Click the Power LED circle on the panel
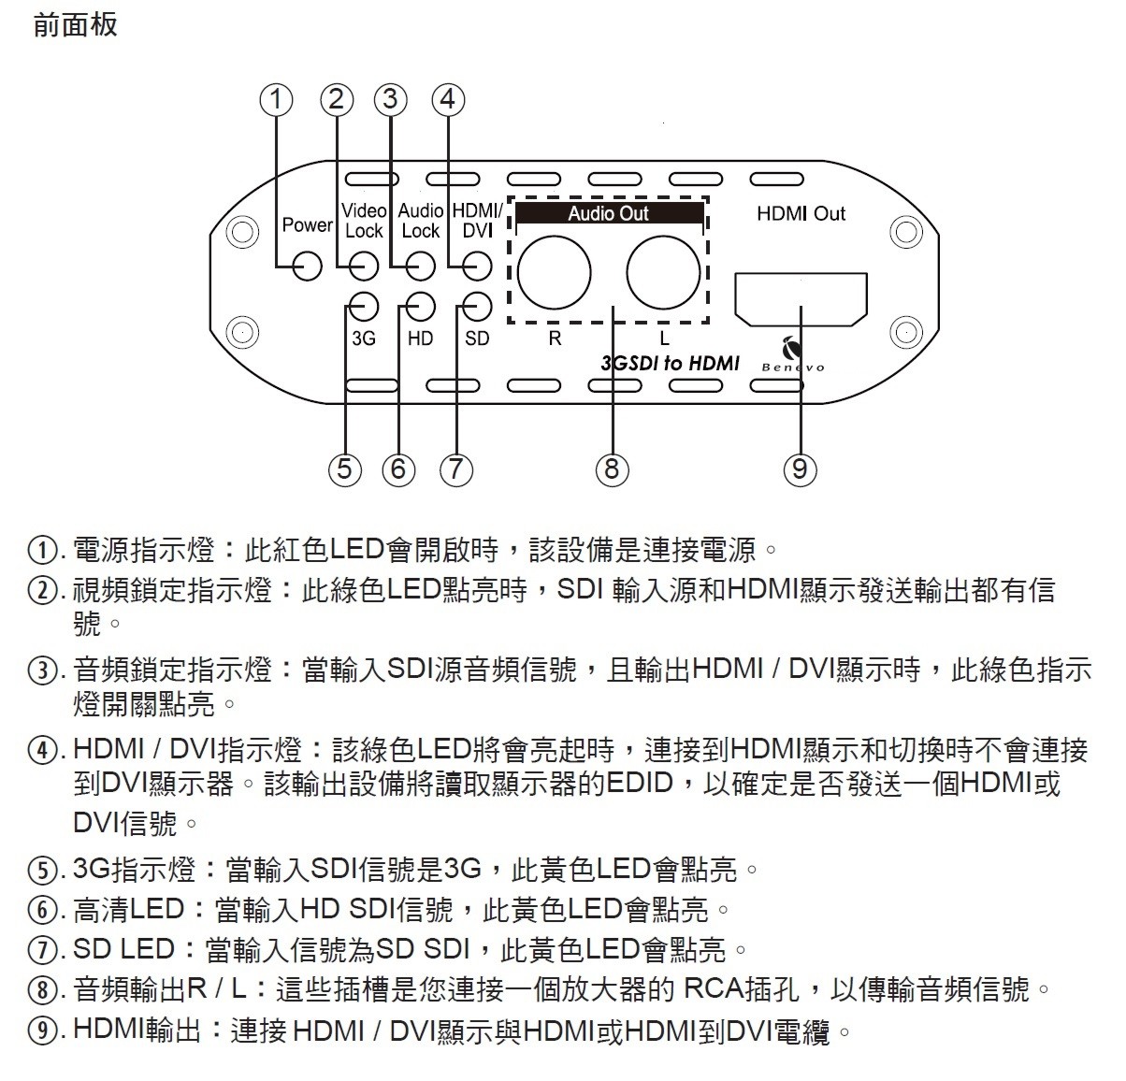[x=307, y=267]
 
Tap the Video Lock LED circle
[x=364, y=267]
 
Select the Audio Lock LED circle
[x=421, y=267]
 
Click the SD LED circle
[x=477, y=306]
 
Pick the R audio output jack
[x=554, y=272]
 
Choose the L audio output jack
[x=663, y=272]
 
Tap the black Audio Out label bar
[x=609, y=213]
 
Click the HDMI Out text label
[x=801, y=213]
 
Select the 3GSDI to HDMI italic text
[x=670, y=363]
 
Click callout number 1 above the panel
[x=276, y=99]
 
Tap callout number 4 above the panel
[x=448, y=99]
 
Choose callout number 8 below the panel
[x=613, y=468]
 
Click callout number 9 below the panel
[x=801, y=468]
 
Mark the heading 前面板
[x=75, y=25]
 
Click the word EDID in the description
[x=640, y=783]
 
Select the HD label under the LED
[x=420, y=338]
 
